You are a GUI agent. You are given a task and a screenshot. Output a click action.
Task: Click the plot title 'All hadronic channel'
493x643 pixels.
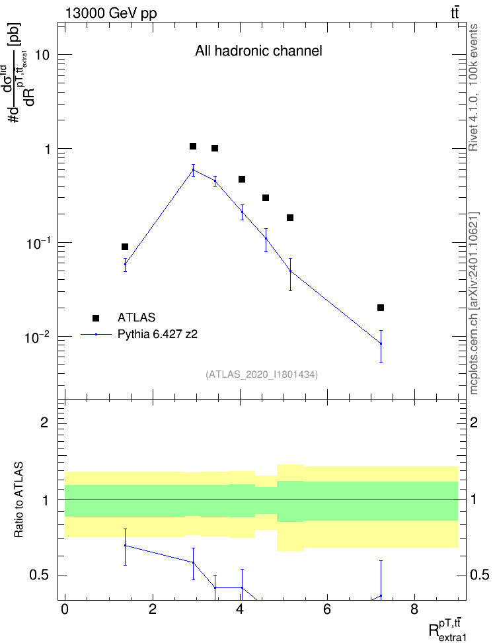tap(258, 51)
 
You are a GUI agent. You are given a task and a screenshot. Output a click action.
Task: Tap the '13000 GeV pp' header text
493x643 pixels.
tap(111, 13)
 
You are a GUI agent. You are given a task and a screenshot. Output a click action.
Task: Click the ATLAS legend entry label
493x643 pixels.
tap(136, 318)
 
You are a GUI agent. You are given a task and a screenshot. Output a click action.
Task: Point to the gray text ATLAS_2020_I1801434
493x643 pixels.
tap(262, 374)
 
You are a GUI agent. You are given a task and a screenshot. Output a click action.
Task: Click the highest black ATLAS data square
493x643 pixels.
tap(193, 146)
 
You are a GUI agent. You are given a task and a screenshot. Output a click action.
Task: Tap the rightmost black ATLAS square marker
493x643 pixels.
tap(381, 308)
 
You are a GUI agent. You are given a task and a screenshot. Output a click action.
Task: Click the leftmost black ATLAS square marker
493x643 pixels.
tap(125, 247)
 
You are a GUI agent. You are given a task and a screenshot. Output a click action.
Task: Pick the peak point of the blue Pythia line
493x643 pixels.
tap(194, 169)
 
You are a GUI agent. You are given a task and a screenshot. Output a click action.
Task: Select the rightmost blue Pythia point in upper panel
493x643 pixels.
tap(381, 343)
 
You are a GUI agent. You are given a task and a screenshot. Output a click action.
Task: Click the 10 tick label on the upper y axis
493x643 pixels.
tap(42, 54)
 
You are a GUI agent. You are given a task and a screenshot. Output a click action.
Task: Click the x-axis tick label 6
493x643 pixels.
tap(327, 609)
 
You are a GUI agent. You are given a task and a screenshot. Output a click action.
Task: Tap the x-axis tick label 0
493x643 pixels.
tap(65, 609)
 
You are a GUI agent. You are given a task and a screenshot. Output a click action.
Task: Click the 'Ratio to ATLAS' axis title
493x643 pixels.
tap(19, 500)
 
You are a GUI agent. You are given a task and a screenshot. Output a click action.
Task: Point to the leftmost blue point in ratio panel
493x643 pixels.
tap(126, 545)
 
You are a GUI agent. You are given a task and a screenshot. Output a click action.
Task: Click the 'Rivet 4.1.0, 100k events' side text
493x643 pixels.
tap(473, 87)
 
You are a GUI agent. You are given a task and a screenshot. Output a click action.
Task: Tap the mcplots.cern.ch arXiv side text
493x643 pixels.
tap(473, 304)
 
